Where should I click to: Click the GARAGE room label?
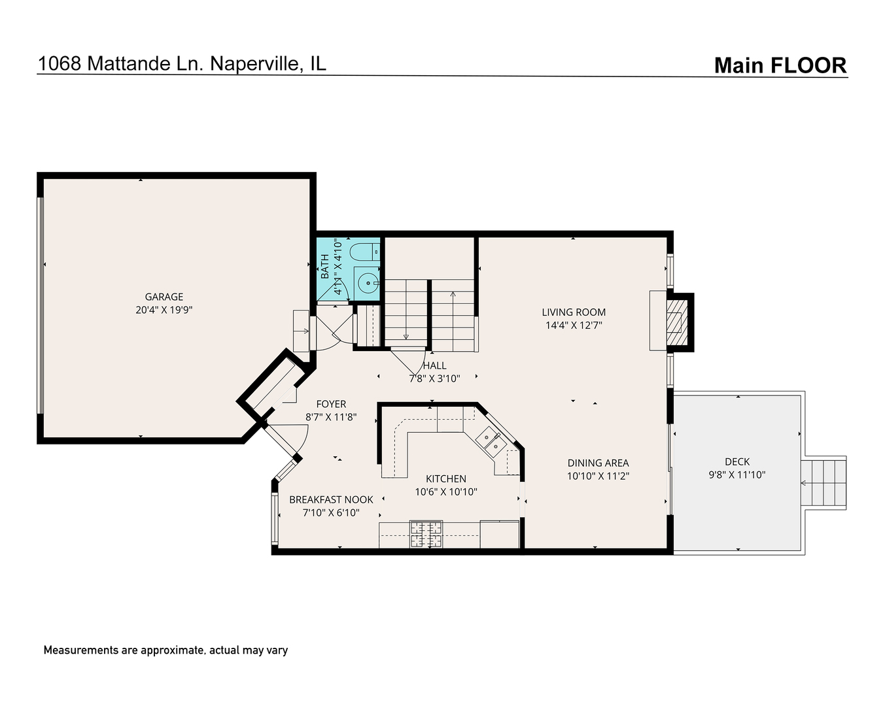tap(164, 297)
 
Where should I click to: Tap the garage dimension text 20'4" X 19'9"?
tap(164, 311)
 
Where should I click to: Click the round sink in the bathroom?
tap(369, 283)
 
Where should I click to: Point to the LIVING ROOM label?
tap(573, 312)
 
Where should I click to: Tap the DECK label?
tap(737, 462)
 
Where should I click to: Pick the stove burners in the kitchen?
tap(426, 534)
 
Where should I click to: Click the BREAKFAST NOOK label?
tap(331, 499)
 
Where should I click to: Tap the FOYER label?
tap(331, 404)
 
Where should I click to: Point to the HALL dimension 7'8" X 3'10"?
tap(434, 378)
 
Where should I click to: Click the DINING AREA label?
tap(598, 463)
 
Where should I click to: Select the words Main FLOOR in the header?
tap(780, 65)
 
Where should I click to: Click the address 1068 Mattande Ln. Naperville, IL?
tap(182, 63)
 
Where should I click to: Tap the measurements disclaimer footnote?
tap(165, 650)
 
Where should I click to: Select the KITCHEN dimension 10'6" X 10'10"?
tap(446, 492)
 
